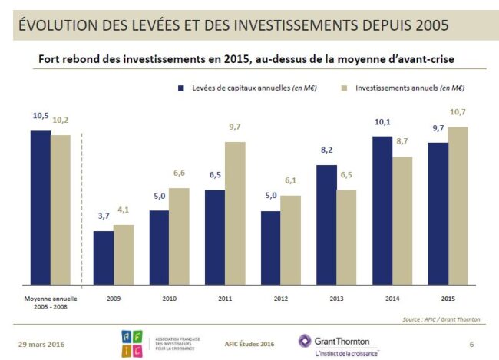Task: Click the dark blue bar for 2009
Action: point(104,257)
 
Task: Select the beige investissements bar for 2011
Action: point(236,213)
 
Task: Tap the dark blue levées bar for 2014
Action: point(382,210)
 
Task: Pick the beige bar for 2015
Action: point(458,205)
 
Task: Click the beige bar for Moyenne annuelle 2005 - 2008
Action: point(61,209)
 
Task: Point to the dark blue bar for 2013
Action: point(326,224)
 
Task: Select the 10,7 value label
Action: point(458,112)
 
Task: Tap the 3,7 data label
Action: point(104,216)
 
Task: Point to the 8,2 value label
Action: point(326,150)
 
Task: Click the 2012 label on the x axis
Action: point(280,298)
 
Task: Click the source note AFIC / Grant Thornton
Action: point(445,318)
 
